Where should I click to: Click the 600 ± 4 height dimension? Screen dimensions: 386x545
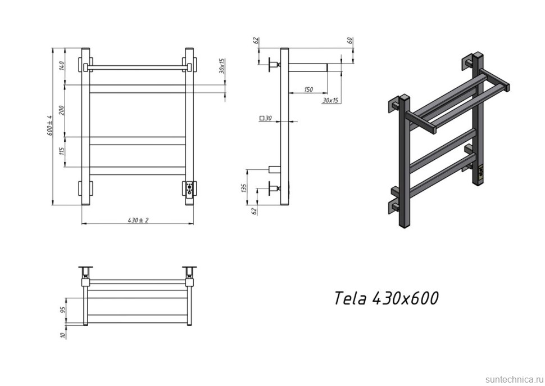click(x=49, y=125)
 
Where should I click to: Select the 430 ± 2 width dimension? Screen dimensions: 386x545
click(x=138, y=220)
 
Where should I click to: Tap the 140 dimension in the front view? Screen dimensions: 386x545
click(x=62, y=65)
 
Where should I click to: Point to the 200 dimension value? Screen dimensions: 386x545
click(x=62, y=110)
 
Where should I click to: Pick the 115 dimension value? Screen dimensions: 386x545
click(x=62, y=151)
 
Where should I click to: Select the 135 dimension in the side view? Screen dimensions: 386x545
click(x=244, y=188)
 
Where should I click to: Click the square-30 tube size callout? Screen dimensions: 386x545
click(x=265, y=119)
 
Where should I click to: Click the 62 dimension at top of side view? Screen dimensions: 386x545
click(x=256, y=41)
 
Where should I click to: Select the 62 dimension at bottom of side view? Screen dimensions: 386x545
click(x=256, y=211)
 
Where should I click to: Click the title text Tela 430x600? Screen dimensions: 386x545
click(x=386, y=298)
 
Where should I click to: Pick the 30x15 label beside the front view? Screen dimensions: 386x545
click(x=222, y=66)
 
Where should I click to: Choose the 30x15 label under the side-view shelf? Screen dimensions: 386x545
click(x=330, y=101)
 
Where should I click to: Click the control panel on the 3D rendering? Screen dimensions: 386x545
click(x=480, y=173)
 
